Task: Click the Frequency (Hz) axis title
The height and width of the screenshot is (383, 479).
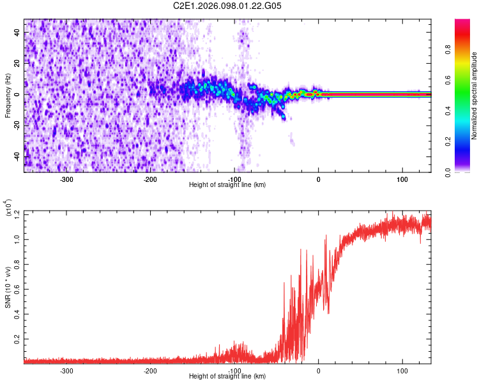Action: tap(7, 96)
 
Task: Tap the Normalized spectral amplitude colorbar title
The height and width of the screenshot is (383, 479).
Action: tap(475, 96)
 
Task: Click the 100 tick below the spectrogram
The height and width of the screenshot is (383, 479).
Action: tap(402, 179)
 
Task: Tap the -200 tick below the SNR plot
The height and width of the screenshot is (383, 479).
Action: tap(151, 370)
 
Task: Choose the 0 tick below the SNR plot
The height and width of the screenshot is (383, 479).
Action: tap(319, 370)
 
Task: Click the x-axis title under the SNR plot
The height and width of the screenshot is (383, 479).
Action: tap(227, 376)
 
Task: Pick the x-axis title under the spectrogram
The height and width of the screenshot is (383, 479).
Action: tap(227, 184)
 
